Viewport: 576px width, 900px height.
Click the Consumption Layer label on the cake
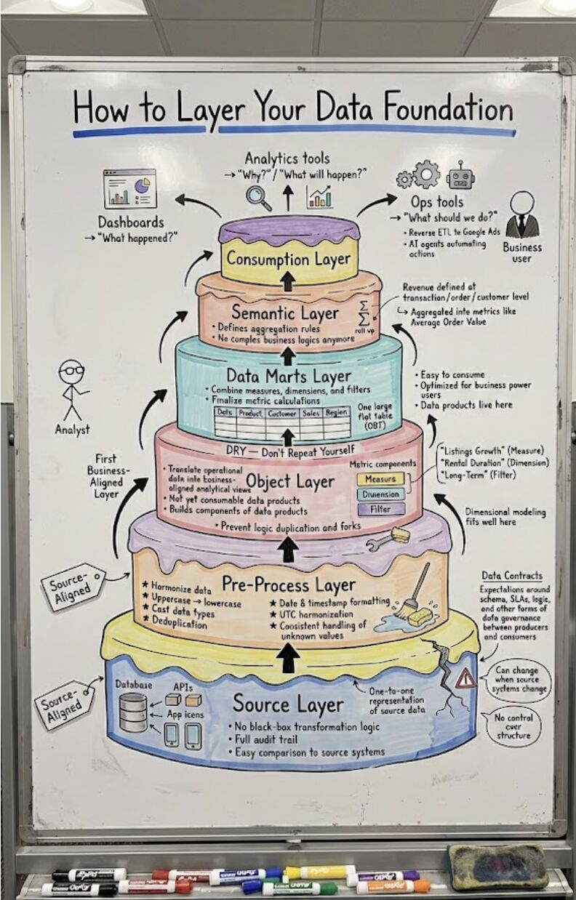pyautogui.click(x=289, y=259)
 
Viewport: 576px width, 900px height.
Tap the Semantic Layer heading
pyautogui.click(x=285, y=313)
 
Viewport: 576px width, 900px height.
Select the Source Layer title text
pyautogui.click(x=288, y=704)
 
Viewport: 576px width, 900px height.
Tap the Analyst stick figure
pyautogui.click(x=71, y=390)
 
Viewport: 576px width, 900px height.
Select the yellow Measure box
pyautogui.click(x=380, y=479)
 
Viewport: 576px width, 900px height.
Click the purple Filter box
pyautogui.click(x=380, y=510)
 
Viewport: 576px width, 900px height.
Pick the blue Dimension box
pyautogui.click(x=380, y=494)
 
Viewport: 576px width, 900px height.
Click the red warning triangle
pyautogui.click(x=465, y=679)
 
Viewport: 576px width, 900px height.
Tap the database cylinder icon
pyautogui.click(x=133, y=712)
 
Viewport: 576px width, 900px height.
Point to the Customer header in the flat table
pyautogui.click(x=281, y=413)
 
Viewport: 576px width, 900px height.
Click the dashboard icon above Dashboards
pyautogui.click(x=130, y=188)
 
